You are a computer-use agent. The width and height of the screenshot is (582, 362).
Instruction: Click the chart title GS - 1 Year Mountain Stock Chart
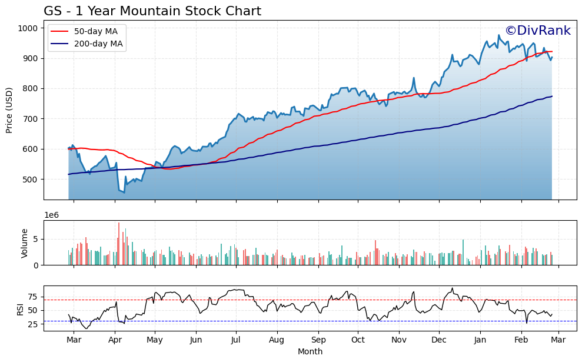[152, 11]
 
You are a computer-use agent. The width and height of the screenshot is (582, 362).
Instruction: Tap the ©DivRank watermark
[537, 31]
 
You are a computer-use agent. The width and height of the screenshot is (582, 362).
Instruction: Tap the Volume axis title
[25, 243]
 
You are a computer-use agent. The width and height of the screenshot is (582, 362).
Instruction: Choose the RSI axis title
[20, 310]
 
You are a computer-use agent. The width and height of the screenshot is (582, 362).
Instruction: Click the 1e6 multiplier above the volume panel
[51, 216]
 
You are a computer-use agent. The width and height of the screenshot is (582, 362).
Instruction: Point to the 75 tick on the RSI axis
[33, 296]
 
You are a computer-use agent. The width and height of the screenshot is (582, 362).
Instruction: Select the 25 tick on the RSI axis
[33, 324]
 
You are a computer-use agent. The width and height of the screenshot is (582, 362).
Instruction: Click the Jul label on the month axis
[235, 340]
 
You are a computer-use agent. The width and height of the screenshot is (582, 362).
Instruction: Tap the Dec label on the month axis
[438, 340]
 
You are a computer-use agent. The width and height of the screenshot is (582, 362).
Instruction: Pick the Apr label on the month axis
[115, 340]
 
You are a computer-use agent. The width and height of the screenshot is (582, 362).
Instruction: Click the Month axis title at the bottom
[310, 351]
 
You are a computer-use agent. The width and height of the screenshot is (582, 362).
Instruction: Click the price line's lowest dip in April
[124, 192]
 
